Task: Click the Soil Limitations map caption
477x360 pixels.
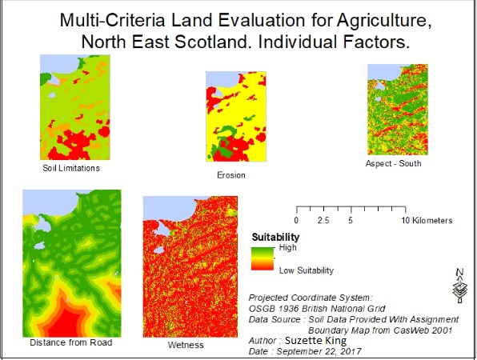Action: [71, 168]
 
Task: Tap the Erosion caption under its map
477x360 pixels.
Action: [230, 175]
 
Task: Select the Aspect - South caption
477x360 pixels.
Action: [393, 163]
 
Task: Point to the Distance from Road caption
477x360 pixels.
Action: [71, 342]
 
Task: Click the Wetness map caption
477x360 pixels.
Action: [186, 345]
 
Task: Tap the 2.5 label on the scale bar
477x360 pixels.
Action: [323, 221]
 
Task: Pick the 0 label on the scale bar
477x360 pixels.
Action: [296, 221]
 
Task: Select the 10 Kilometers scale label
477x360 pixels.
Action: [427, 221]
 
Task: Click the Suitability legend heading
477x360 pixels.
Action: [275, 237]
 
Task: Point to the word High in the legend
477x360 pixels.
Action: [287, 248]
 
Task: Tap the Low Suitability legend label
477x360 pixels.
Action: [307, 270]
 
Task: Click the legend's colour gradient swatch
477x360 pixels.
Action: [263, 258]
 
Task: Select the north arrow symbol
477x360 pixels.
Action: [459, 286]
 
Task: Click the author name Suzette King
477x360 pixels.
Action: [315, 340]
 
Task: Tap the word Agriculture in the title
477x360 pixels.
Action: [384, 21]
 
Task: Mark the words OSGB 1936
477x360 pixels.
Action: [274, 309]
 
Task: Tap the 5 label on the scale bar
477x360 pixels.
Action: [351, 221]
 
